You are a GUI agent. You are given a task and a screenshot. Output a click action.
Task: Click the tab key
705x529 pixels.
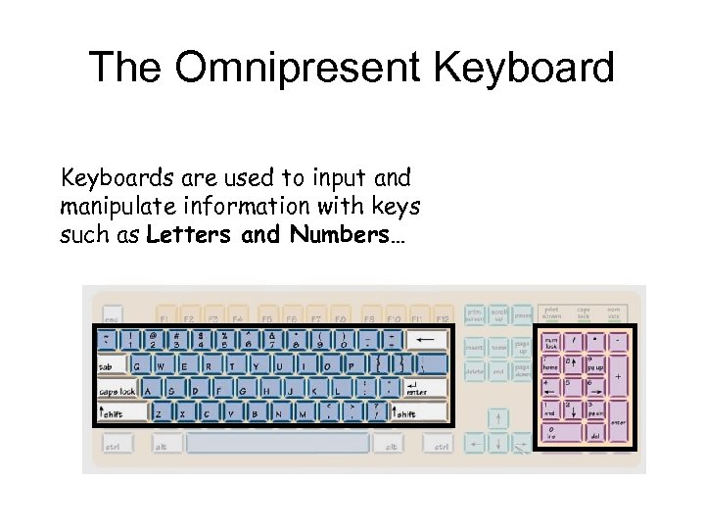tap(111, 365)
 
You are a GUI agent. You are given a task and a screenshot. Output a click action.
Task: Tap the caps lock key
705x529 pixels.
tap(117, 389)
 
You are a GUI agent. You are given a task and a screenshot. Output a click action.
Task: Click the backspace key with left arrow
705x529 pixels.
tap(426, 341)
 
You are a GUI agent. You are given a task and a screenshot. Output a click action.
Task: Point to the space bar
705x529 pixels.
tap(278, 444)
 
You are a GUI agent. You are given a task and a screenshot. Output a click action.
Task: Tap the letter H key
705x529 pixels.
tap(267, 389)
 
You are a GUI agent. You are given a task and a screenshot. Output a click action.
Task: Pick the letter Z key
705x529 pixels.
tap(160, 411)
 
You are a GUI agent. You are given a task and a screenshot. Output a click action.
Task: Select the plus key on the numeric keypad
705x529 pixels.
tap(617, 375)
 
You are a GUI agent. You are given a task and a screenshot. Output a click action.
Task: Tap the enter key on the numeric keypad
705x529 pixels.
tap(617, 421)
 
